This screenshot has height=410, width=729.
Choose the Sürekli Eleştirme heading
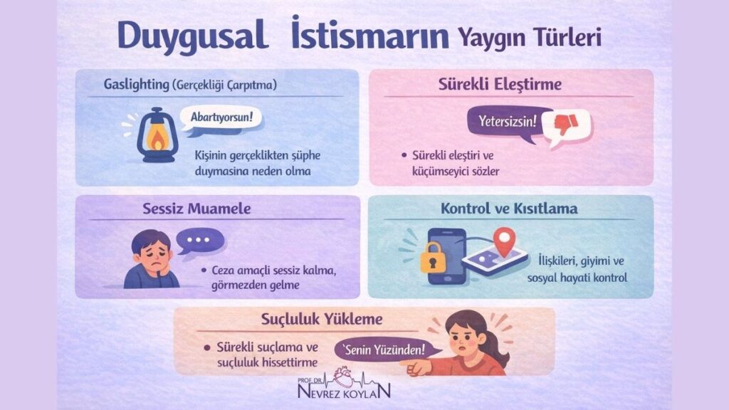[510, 85]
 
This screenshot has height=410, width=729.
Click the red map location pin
[504, 240]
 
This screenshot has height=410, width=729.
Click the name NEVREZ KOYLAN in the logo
[345, 392]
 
